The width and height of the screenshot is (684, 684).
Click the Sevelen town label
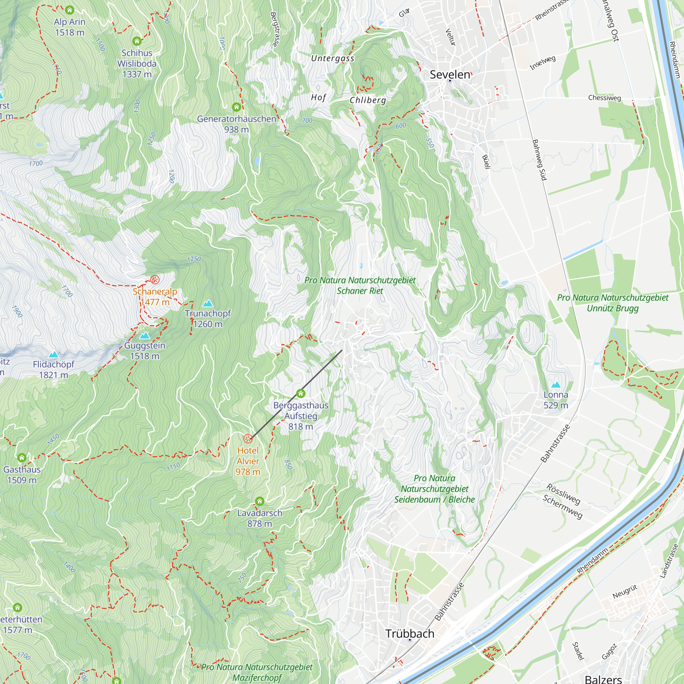pyautogui.click(x=450, y=74)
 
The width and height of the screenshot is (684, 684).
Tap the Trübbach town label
pyautogui.click(x=410, y=633)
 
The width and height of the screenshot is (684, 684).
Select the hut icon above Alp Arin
pyautogui.click(x=70, y=10)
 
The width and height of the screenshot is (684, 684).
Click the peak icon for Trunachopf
pyautogui.click(x=208, y=303)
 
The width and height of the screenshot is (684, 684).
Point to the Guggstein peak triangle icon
pyautogui.click(x=144, y=336)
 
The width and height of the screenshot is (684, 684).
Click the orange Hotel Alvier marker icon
pyautogui.click(x=248, y=439)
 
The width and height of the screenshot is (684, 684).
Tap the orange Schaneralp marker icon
pyautogui.click(x=155, y=280)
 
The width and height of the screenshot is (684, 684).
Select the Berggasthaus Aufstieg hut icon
pyautogui.click(x=301, y=393)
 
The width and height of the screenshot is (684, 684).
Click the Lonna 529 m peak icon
pyautogui.click(x=556, y=385)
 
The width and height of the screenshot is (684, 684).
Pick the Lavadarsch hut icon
pyautogui.click(x=260, y=501)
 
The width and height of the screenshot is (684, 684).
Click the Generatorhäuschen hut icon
pyautogui.click(x=237, y=107)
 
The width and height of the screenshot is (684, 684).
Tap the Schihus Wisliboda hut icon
pyautogui.click(x=137, y=41)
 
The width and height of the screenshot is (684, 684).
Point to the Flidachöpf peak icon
pyautogui.click(x=53, y=354)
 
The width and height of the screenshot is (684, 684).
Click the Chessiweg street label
pyautogui.click(x=604, y=98)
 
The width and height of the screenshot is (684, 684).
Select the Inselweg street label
pyautogui.click(x=542, y=63)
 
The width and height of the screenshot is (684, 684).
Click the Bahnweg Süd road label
pyautogui.click(x=539, y=160)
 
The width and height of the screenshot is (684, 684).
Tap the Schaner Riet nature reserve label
pyautogui.click(x=360, y=285)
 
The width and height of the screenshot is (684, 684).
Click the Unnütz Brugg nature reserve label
pyautogui.click(x=613, y=303)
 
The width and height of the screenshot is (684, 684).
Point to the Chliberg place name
pyautogui.click(x=368, y=100)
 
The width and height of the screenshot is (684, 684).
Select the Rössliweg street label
pyautogui.click(x=563, y=494)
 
